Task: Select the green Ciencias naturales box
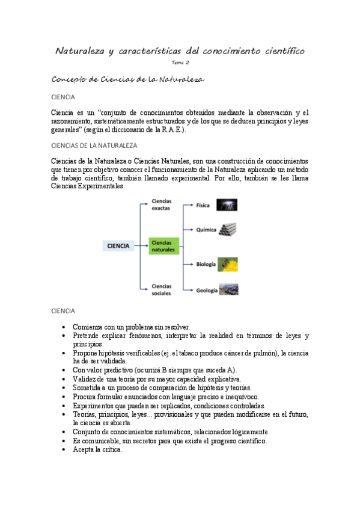163,245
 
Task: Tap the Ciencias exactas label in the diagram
162,204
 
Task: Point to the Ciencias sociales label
162,289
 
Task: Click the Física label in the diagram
203,205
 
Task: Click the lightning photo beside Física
227,204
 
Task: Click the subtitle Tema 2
180,63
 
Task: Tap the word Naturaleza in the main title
79,51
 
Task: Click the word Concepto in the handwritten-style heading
69,79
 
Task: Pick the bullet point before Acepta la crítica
64,449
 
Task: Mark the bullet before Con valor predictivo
64,370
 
